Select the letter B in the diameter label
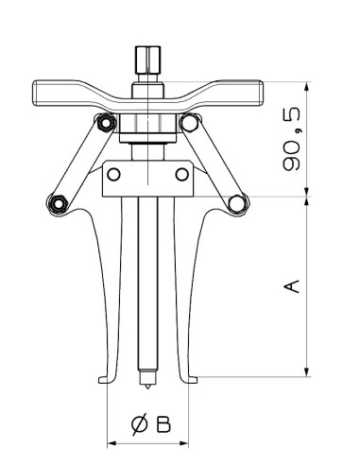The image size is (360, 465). click(x=163, y=425)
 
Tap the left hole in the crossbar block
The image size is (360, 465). click(x=114, y=174)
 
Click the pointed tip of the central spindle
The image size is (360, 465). click(x=146, y=385)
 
